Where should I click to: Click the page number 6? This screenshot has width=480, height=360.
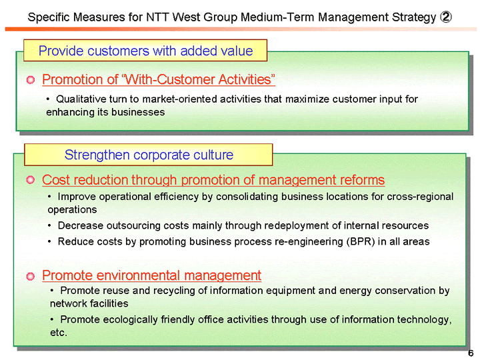pyautogui.click(x=470, y=353)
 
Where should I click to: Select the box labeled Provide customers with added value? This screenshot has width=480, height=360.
pyautogui.click(x=145, y=51)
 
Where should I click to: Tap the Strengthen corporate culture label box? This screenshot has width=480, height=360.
pyautogui.click(x=149, y=155)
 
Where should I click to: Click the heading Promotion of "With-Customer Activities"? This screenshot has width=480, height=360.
pyautogui.click(x=159, y=80)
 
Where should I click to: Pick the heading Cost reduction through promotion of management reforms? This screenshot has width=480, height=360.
pyautogui.click(x=213, y=180)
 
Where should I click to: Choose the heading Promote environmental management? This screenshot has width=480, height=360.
pyautogui.click(x=151, y=275)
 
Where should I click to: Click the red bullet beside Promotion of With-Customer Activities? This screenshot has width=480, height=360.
pyautogui.click(x=30, y=81)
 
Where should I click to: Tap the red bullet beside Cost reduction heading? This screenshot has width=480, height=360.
pyautogui.click(x=30, y=181)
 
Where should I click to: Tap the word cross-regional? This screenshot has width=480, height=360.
pyautogui.click(x=419, y=197)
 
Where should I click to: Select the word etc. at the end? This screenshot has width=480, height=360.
pyautogui.click(x=59, y=332)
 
